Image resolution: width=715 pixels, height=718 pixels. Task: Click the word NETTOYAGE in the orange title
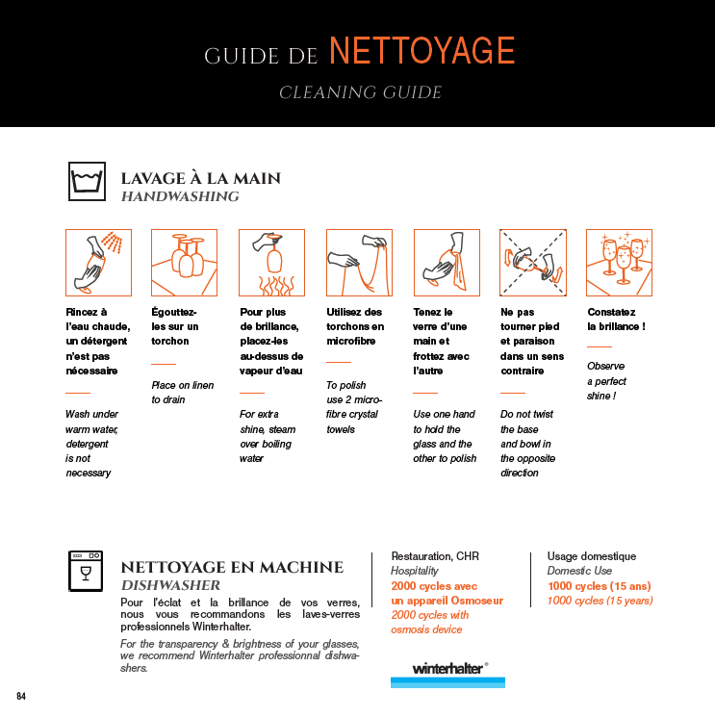coord(421,51)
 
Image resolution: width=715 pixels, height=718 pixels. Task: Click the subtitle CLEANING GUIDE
coord(360,93)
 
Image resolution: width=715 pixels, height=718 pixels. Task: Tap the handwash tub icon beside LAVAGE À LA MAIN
coord(87,182)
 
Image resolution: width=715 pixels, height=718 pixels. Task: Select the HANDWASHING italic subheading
coord(179,196)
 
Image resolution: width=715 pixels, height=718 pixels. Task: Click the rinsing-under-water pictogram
coord(97,262)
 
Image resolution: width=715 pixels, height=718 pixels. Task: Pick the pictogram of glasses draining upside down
coord(184,262)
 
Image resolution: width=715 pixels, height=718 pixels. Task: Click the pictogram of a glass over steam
coord(271,262)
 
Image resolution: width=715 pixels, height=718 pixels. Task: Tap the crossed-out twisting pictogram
coord(533,262)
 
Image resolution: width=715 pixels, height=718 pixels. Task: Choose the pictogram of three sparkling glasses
coord(619,262)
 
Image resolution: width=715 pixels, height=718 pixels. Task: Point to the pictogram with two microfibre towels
coord(359,262)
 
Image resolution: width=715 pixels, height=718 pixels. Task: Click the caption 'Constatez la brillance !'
coord(616,320)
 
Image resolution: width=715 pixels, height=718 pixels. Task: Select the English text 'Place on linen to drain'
coord(182,392)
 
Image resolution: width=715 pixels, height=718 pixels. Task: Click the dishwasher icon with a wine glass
coord(86,571)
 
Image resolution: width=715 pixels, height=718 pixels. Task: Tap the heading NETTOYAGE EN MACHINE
coord(232,567)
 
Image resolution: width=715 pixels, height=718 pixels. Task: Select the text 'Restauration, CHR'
coord(435,556)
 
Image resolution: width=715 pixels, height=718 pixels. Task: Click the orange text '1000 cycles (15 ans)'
coord(599,585)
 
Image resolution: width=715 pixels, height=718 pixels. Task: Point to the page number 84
coord(21,695)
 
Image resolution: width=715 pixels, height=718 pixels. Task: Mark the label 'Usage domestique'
coord(592,556)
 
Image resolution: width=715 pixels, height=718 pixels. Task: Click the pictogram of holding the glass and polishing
coord(446,262)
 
